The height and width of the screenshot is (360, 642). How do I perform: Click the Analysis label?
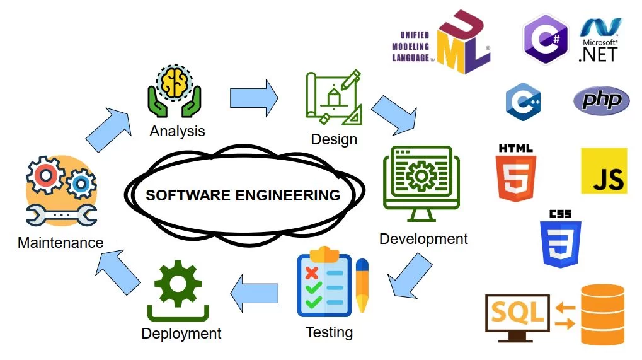pyautogui.click(x=177, y=131)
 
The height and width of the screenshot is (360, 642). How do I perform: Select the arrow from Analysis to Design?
pyautogui.click(x=254, y=98)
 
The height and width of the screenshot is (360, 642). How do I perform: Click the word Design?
pyautogui.click(x=334, y=139)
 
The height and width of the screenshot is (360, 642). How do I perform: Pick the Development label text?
pyautogui.click(x=423, y=239)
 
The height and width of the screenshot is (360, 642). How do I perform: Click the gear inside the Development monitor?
pyautogui.click(x=418, y=177)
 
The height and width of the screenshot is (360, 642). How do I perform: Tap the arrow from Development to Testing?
pyautogui.click(x=410, y=275)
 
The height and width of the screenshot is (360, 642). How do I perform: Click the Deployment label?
pyautogui.click(x=181, y=334)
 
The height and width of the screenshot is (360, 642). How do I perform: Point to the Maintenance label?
pyautogui.click(x=60, y=243)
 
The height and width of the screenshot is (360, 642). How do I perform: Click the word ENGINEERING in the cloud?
pyautogui.click(x=288, y=195)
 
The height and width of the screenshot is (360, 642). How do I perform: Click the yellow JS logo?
pyautogui.click(x=604, y=171)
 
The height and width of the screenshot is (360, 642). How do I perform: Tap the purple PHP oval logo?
pyautogui.click(x=601, y=100)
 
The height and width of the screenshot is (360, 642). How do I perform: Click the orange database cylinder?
pyautogui.click(x=602, y=314)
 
